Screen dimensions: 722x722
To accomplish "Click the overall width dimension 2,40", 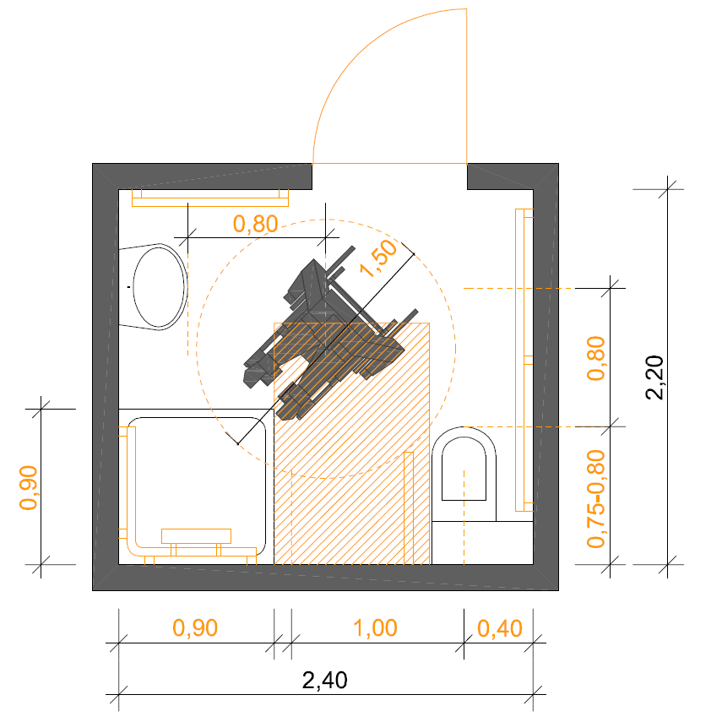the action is click(x=324, y=680).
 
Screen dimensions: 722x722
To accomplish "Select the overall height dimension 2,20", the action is click(x=654, y=377).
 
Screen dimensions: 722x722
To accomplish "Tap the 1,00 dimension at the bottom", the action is click(x=375, y=628).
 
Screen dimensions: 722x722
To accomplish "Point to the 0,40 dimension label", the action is click(x=500, y=628).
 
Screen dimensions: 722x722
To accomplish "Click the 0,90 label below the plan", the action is click(x=195, y=628).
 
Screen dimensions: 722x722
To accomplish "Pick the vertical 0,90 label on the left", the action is click(x=28, y=487).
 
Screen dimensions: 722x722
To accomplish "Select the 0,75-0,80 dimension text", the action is click(x=596, y=499).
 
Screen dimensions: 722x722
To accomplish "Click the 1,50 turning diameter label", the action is click(x=378, y=258).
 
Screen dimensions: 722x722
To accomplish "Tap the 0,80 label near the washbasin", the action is click(x=256, y=225).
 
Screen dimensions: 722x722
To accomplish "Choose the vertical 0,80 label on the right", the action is click(x=596, y=358).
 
